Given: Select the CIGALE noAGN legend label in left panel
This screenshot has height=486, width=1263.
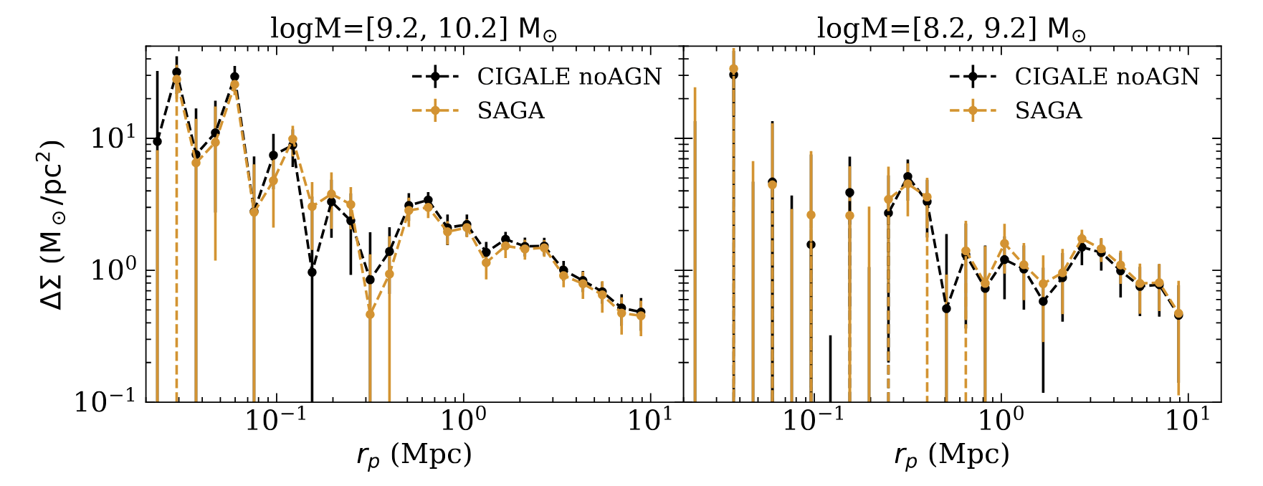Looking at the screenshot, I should point(569,77).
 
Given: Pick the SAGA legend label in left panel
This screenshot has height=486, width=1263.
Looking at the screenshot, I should point(510,110).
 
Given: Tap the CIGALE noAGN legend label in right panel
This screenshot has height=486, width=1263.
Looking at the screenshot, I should point(1107,77).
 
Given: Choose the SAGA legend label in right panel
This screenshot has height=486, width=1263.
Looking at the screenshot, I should point(1048,110).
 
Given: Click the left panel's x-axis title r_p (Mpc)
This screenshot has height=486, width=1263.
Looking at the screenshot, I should point(414,456).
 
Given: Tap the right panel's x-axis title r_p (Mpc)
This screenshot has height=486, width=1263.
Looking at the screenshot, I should point(951,456).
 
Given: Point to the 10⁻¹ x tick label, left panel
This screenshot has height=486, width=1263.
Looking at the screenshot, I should point(269,421).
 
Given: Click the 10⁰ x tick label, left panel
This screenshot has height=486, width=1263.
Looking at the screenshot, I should point(463,421).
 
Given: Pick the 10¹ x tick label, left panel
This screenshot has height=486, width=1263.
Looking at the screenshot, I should point(650,421).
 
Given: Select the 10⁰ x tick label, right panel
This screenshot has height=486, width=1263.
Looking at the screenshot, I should point(1001,421).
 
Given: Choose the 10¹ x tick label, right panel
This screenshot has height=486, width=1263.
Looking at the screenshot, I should point(1188,421).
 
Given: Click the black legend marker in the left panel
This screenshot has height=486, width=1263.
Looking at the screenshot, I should point(435,77).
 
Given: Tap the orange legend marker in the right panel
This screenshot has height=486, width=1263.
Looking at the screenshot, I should point(973,110).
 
